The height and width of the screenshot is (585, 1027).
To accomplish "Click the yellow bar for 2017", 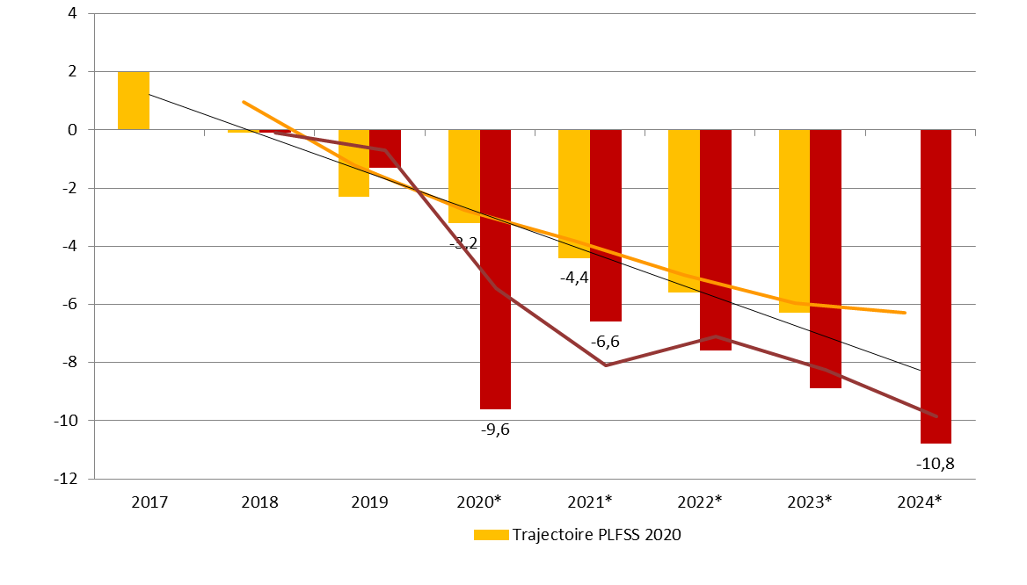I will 134,100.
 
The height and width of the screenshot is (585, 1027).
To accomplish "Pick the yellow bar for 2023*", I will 794,220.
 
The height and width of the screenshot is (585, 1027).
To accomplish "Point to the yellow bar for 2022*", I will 684,211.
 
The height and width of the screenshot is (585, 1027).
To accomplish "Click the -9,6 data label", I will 495,430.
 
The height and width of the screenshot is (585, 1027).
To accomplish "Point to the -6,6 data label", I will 605,342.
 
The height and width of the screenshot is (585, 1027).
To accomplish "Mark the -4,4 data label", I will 574,278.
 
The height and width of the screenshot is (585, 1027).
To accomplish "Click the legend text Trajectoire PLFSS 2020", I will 597,534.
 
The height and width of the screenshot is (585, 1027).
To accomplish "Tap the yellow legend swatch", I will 491,535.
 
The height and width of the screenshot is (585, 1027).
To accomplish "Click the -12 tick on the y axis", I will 66,479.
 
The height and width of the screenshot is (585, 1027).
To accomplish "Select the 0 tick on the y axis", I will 73,130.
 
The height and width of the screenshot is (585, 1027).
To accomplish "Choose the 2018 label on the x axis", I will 259,502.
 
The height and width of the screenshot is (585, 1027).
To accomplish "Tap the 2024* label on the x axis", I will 920,502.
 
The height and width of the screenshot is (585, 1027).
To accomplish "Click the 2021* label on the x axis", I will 589,502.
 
